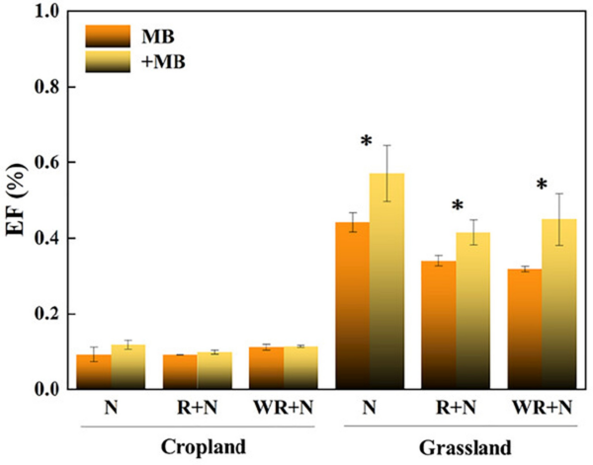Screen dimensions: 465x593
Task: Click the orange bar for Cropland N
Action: tap(94, 372)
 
